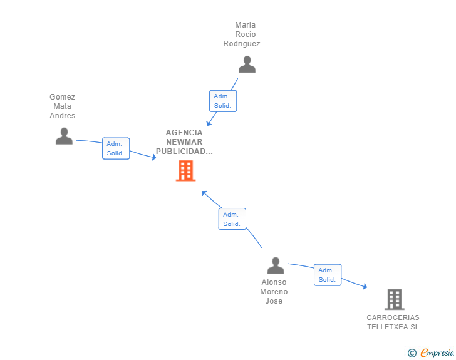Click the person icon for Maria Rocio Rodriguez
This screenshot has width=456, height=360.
point(247,64)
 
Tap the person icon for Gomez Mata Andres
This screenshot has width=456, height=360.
point(64,136)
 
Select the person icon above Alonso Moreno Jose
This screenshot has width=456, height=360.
point(276,265)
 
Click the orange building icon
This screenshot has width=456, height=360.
point(185,171)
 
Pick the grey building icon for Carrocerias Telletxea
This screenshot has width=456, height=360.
point(395,299)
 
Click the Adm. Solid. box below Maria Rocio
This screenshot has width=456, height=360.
point(223,101)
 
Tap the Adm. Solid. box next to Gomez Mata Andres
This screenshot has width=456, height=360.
point(116,148)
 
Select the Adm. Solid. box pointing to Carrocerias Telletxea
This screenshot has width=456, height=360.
point(328,275)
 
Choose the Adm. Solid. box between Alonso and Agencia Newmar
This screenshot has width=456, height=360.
point(232,219)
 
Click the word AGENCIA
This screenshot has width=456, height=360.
point(184,133)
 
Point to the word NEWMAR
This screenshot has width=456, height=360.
point(184,142)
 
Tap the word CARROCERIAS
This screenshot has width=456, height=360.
point(393,317)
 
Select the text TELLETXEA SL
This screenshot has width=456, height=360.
point(393,327)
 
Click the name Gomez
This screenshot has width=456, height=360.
point(62,97)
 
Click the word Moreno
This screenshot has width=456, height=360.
point(274,291)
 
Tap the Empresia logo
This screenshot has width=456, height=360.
point(437,352)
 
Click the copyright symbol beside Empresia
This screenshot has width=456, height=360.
point(412,353)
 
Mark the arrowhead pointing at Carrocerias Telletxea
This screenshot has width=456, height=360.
point(365,286)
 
